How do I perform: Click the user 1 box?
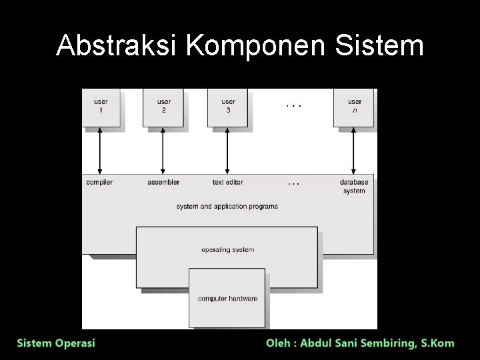(x=101, y=106)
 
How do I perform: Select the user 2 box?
(x=163, y=106)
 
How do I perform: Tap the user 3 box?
(x=228, y=106)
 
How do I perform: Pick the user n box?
(x=354, y=106)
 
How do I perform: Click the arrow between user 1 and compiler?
(x=100, y=151)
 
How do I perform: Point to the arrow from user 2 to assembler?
(x=163, y=151)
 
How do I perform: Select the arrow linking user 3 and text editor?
(x=227, y=151)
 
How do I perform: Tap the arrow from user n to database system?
(x=353, y=151)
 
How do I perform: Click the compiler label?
(x=99, y=182)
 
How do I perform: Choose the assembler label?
(x=163, y=182)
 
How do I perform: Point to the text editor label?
(x=228, y=182)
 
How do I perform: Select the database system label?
(x=354, y=186)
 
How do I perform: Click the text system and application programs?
(x=227, y=207)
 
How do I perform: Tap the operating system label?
(x=227, y=250)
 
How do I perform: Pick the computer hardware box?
(x=227, y=298)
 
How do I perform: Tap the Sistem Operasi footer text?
(x=56, y=343)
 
